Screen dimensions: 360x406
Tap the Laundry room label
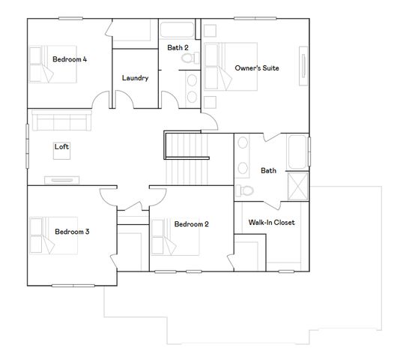(135, 77)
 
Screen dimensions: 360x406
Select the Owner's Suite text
(256, 68)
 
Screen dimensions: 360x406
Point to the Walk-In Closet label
(271, 223)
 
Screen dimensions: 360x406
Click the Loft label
(61, 147)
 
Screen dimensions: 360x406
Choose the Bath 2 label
(178, 47)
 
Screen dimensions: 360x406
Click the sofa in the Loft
(60, 122)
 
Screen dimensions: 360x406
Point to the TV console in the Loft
(63, 179)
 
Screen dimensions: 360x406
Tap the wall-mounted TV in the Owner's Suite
(303, 69)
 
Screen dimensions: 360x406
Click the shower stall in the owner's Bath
(297, 186)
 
